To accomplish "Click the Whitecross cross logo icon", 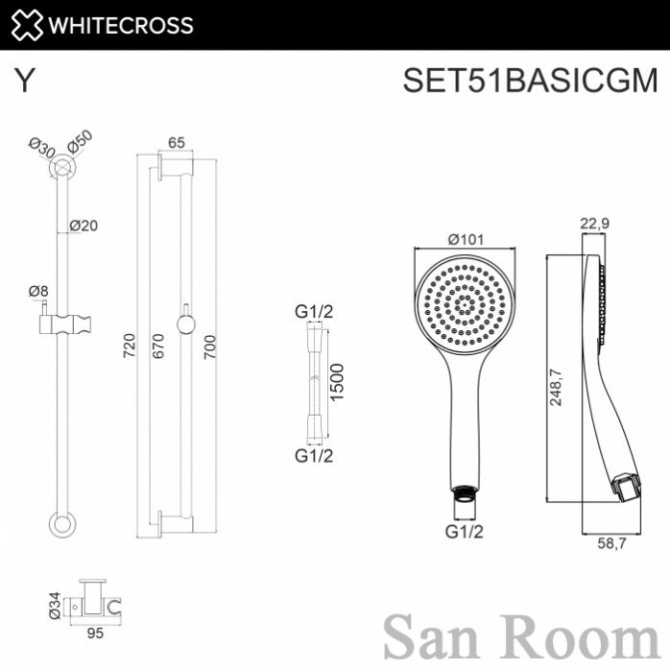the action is (x=27, y=25).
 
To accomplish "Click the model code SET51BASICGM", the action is (x=530, y=80).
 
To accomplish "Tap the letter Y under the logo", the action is (x=24, y=81).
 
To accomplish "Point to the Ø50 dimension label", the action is (x=80, y=141).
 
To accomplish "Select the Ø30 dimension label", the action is (x=42, y=148).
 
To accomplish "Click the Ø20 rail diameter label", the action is (x=84, y=226).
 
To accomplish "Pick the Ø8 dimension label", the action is (x=38, y=292).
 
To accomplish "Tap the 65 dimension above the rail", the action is (x=176, y=142).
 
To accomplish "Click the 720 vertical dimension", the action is (x=129, y=346).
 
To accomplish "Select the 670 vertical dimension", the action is (x=157, y=346).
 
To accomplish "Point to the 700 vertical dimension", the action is (x=209, y=347).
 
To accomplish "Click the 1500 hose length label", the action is (x=337, y=382).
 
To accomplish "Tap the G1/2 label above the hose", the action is (x=314, y=312).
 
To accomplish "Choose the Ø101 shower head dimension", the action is (x=467, y=239).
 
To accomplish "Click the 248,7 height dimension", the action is (x=556, y=387).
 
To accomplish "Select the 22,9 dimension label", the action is (x=595, y=224).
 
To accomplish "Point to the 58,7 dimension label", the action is (x=611, y=543).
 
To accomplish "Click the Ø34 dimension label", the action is (x=55, y=606).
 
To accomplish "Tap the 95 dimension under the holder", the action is (x=95, y=633).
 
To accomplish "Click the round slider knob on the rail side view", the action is (x=186, y=324).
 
